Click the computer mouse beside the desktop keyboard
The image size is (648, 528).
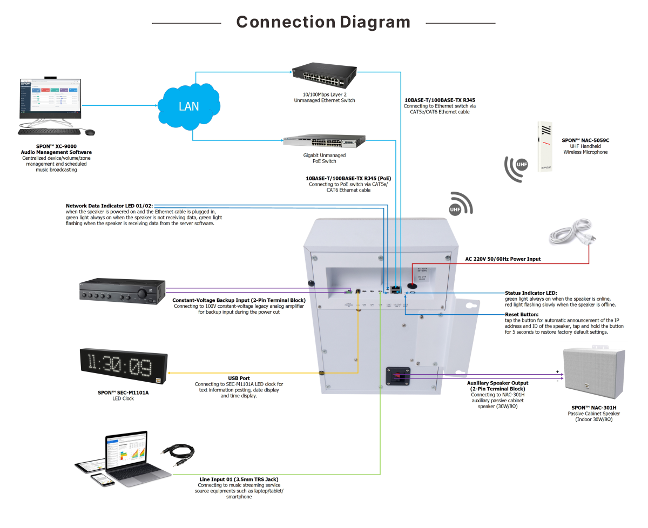tap(89, 132)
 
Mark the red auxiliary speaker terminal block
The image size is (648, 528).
tap(399, 376)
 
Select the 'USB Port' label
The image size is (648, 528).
tap(239, 378)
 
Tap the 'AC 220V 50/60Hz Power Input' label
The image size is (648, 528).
tap(503, 259)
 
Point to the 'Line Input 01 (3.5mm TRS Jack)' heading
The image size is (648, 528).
tap(238, 479)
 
